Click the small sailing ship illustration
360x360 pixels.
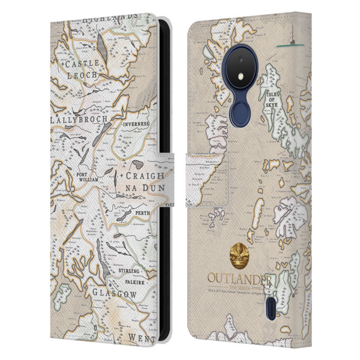pos(293,41)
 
